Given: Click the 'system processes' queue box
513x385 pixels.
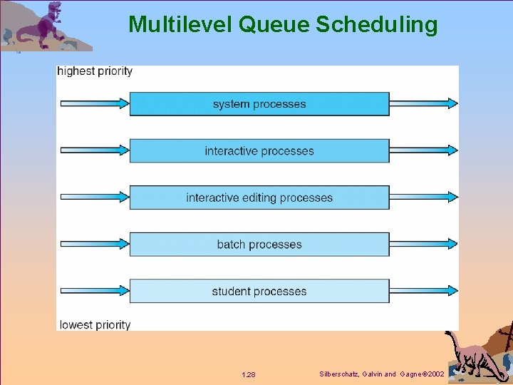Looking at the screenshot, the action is (259, 104).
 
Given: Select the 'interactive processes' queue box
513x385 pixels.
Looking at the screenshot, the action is (259, 151).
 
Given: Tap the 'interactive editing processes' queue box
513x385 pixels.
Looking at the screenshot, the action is (259, 197).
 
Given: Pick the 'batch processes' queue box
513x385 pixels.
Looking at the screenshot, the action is (259, 245).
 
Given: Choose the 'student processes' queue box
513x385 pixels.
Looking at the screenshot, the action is (259, 292).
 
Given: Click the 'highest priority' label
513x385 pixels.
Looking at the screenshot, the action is (95, 71).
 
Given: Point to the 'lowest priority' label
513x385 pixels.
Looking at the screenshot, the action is (95, 325).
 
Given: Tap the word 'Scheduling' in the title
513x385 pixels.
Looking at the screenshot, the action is (377, 25).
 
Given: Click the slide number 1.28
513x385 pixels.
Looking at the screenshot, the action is (249, 374).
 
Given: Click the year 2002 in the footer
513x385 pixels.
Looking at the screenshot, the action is (435, 374).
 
